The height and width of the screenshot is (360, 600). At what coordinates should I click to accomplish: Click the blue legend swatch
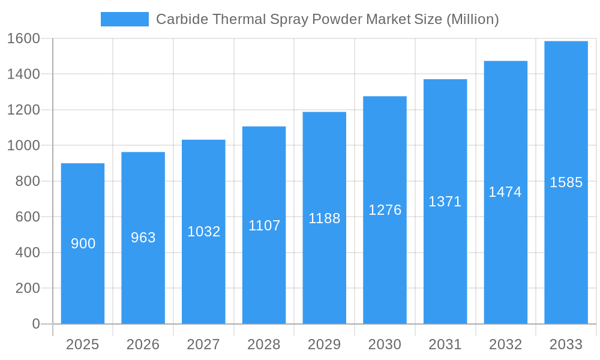pos(124,19)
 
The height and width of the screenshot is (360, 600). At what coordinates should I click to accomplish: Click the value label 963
pos(143,238)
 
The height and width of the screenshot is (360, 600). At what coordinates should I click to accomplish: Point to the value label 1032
pos(204,232)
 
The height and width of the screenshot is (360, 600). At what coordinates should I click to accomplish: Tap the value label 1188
pos(325,218)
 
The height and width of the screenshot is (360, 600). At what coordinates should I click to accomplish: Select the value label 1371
pos(445,202)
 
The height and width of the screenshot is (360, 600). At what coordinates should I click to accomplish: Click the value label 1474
pos(505,192)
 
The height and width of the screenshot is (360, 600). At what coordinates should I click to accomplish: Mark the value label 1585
pos(566,182)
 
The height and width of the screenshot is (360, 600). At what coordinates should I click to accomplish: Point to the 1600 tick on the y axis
pos(23,38)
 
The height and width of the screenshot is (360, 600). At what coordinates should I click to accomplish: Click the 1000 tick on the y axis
pos(23,145)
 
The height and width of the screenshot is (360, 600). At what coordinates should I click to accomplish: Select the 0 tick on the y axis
pos(36,324)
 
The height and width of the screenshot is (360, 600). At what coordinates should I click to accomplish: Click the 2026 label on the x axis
pos(143,344)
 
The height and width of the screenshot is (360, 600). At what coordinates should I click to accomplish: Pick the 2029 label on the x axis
pos(325,344)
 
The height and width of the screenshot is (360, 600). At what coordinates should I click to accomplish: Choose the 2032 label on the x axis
pos(505,344)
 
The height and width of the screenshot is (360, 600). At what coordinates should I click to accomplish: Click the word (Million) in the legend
pos(472,19)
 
